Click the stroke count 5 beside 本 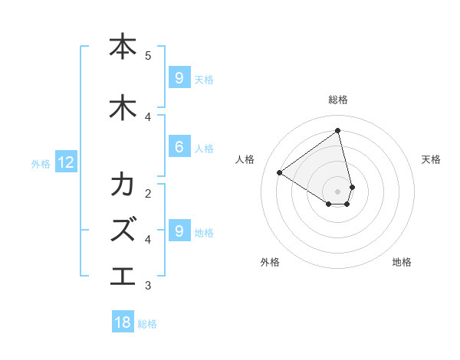[x=148, y=55]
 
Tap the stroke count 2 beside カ [x=148, y=192]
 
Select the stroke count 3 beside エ [x=148, y=286]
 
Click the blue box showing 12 [x=65, y=162]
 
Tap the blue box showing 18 [x=123, y=322]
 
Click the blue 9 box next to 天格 [x=179, y=78]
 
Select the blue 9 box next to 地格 [x=179, y=231]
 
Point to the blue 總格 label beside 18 [x=147, y=324]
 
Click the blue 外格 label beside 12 [x=40, y=163]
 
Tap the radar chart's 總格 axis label [x=338, y=100]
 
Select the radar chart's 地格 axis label [x=402, y=262]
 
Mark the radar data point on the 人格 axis [x=279, y=172]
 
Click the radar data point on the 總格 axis [x=338, y=131]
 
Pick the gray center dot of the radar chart [x=338, y=191]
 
